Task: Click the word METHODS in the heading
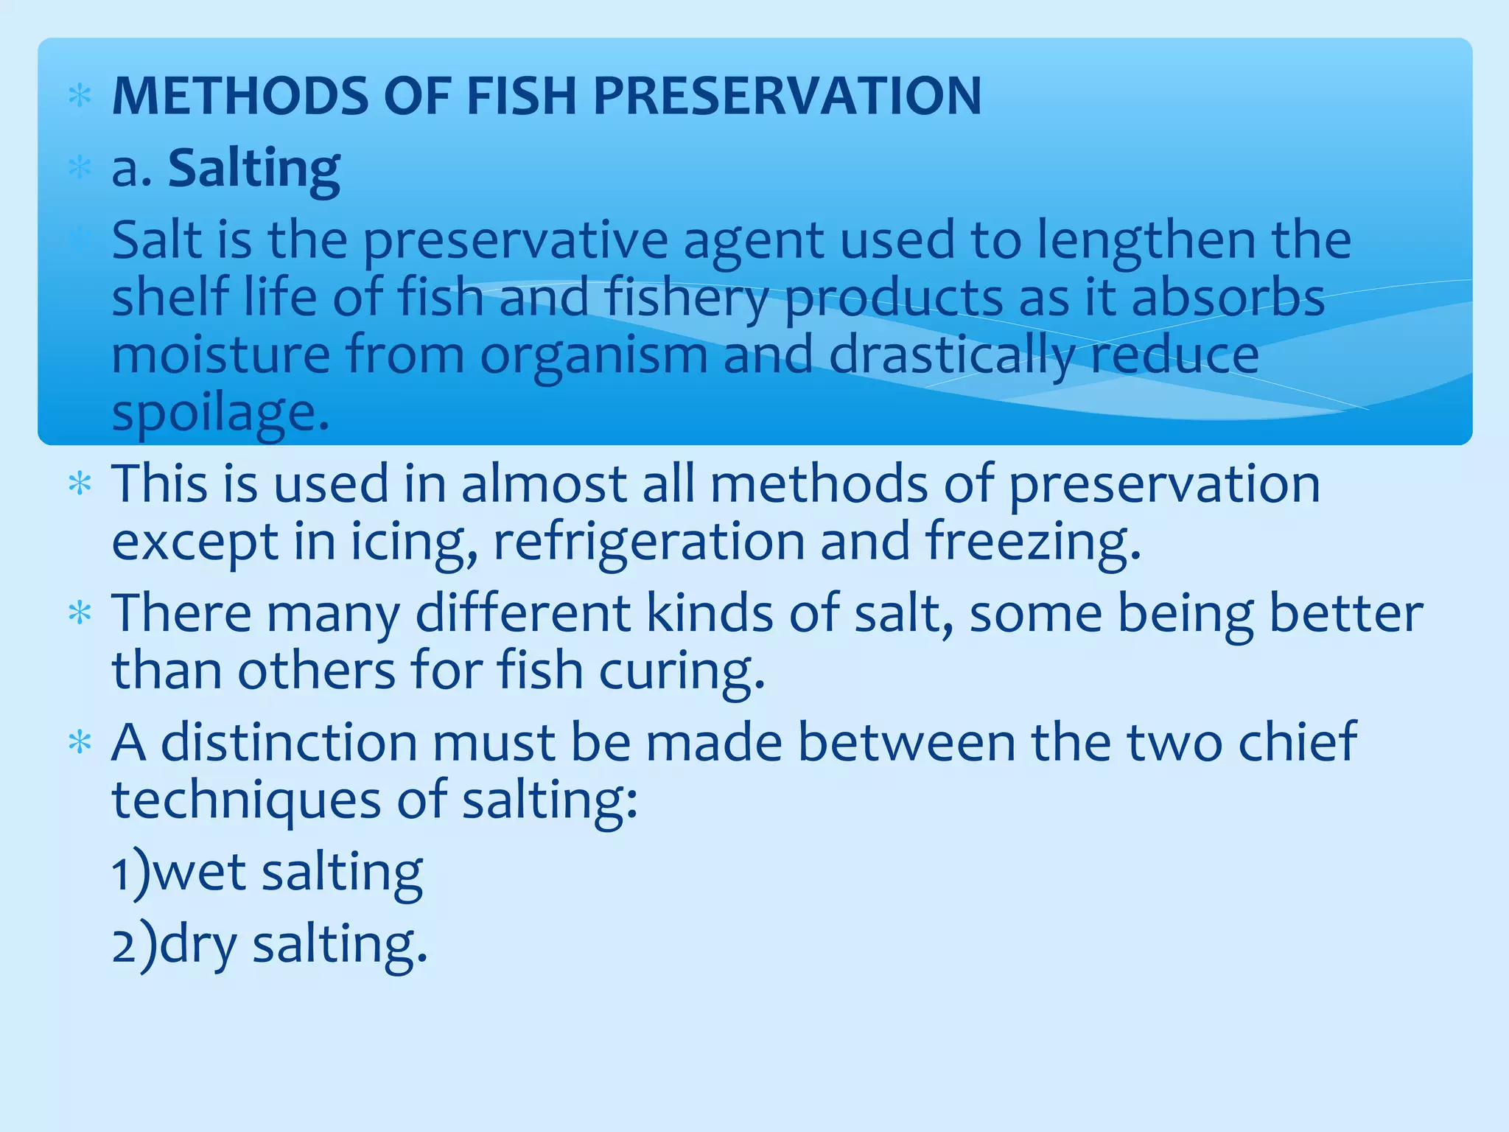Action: [x=239, y=96]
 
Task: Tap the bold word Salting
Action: [x=254, y=169]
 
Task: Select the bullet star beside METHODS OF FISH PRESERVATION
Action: [x=80, y=97]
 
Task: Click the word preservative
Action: [x=515, y=240]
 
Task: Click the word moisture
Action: [x=221, y=354]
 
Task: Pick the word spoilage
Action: [x=220, y=413]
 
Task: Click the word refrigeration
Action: [x=649, y=541]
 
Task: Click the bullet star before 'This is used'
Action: [x=80, y=485]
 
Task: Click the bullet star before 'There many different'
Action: [x=80, y=613]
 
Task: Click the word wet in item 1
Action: [x=199, y=872]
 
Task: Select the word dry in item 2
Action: [x=197, y=945]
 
